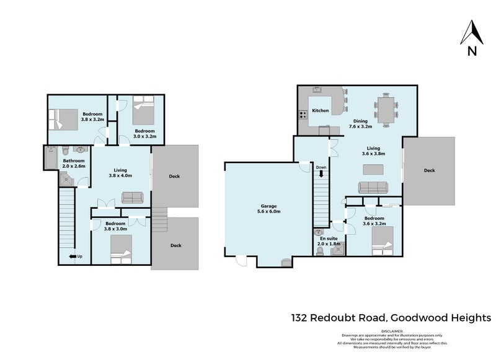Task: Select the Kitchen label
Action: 320,111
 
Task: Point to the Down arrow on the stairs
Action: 321,174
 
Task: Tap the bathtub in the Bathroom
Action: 50,158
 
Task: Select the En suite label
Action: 328,238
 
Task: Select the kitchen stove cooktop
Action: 303,114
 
